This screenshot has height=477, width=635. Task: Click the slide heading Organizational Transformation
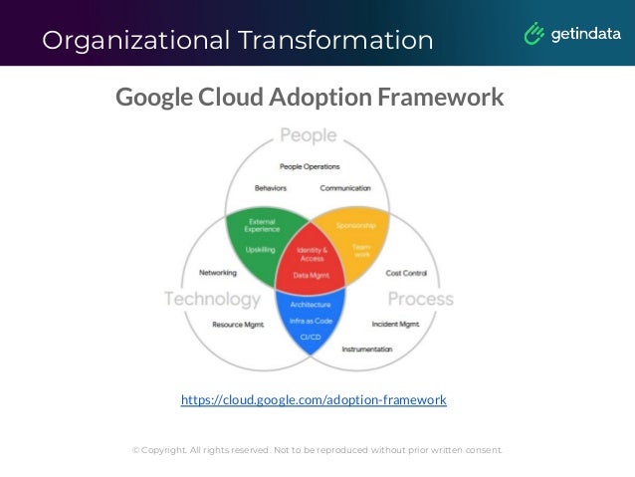[x=238, y=40]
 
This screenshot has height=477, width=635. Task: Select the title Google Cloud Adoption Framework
[x=310, y=98]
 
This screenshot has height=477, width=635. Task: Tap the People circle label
[x=308, y=134]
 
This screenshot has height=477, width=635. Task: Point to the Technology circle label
[x=212, y=299]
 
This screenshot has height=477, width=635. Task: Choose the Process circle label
[x=420, y=299]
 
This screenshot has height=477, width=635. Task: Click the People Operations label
[x=310, y=166]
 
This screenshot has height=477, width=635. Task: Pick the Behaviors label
[x=273, y=187]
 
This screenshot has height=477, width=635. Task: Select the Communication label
[x=345, y=187]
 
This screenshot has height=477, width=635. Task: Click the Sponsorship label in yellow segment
[x=355, y=225]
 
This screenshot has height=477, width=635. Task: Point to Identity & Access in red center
[x=313, y=254]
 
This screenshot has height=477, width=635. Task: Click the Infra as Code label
[x=312, y=321]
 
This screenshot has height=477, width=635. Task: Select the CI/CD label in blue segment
[x=311, y=337]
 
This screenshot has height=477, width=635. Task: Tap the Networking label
[x=218, y=272]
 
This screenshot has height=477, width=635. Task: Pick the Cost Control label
[x=406, y=272]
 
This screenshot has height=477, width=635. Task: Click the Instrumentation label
[x=367, y=350]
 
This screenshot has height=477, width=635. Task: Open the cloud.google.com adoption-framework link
[x=314, y=400]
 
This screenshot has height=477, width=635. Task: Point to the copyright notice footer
[x=317, y=450]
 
